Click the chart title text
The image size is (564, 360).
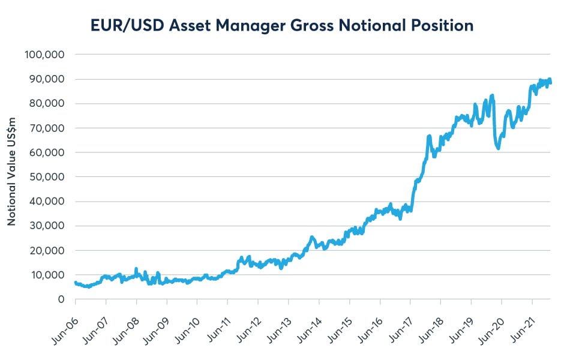tap(282, 25)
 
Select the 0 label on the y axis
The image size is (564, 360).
tap(61, 299)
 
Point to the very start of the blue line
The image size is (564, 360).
tap(76, 283)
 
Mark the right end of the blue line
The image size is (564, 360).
tap(551, 82)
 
